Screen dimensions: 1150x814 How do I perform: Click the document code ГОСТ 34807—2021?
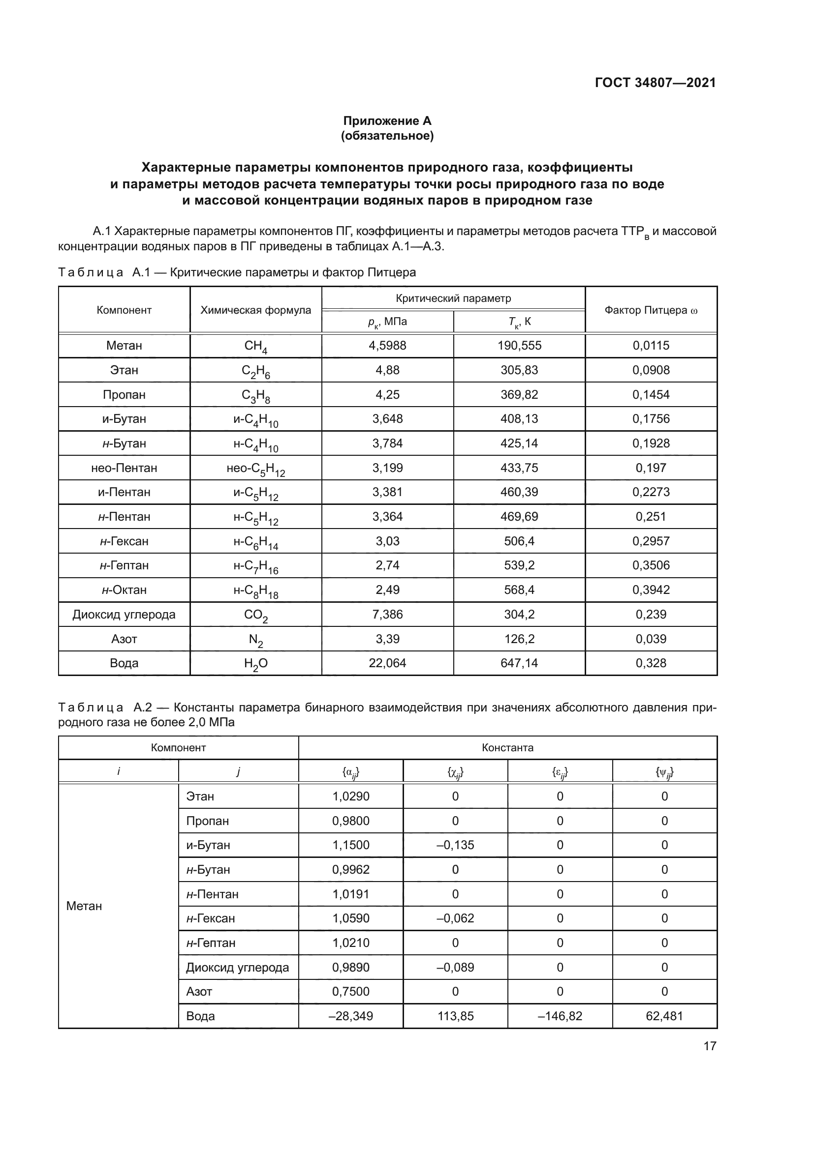[655, 83]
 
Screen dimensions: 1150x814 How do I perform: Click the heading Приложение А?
[387, 121]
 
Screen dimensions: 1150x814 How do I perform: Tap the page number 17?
[710, 1046]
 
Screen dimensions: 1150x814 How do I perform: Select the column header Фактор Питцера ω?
[651, 310]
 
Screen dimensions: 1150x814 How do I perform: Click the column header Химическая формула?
[255, 310]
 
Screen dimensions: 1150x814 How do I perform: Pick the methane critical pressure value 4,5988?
[387, 346]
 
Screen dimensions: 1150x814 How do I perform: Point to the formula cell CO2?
[255, 615]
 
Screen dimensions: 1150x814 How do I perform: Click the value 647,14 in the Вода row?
[519, 663]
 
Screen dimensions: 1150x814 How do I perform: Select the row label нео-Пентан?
[124, 468]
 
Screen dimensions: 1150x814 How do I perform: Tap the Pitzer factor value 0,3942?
[651, 590]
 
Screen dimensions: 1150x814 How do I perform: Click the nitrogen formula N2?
[255, 640]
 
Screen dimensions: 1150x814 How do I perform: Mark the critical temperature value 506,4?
[519, 541]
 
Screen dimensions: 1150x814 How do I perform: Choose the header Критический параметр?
[453, 298]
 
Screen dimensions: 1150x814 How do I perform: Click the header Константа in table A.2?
[507, 748]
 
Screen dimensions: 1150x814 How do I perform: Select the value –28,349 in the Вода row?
[350, 1016]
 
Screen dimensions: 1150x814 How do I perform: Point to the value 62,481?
[664, 1016]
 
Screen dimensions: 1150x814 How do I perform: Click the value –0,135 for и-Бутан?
[455, 845]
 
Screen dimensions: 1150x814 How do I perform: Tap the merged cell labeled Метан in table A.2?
[84, 906]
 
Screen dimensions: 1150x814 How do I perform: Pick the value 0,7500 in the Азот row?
[350, 991]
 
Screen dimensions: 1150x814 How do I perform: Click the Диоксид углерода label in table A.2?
[238, 967]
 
